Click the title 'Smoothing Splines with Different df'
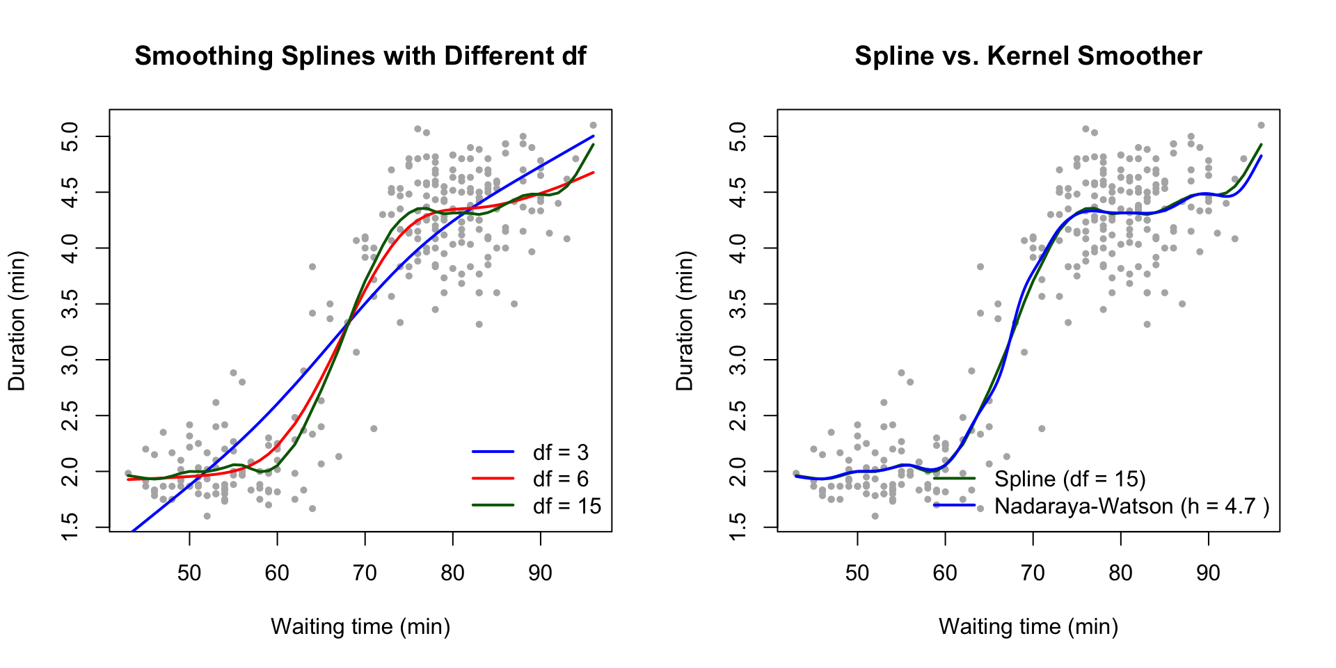click(360, 56)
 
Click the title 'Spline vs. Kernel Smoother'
click(1028, 56)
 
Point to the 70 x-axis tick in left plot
click(365, 573)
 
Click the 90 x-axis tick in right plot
click(1208, 573)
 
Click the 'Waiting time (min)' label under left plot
click(360, 627)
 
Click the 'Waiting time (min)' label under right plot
click(1028, 627)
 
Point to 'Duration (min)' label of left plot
click(17, 321)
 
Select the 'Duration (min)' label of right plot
click(685, 321)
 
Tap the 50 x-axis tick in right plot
click(857, 573)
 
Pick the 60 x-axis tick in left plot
click(277, 573)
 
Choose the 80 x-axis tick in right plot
click(1120, 573)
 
